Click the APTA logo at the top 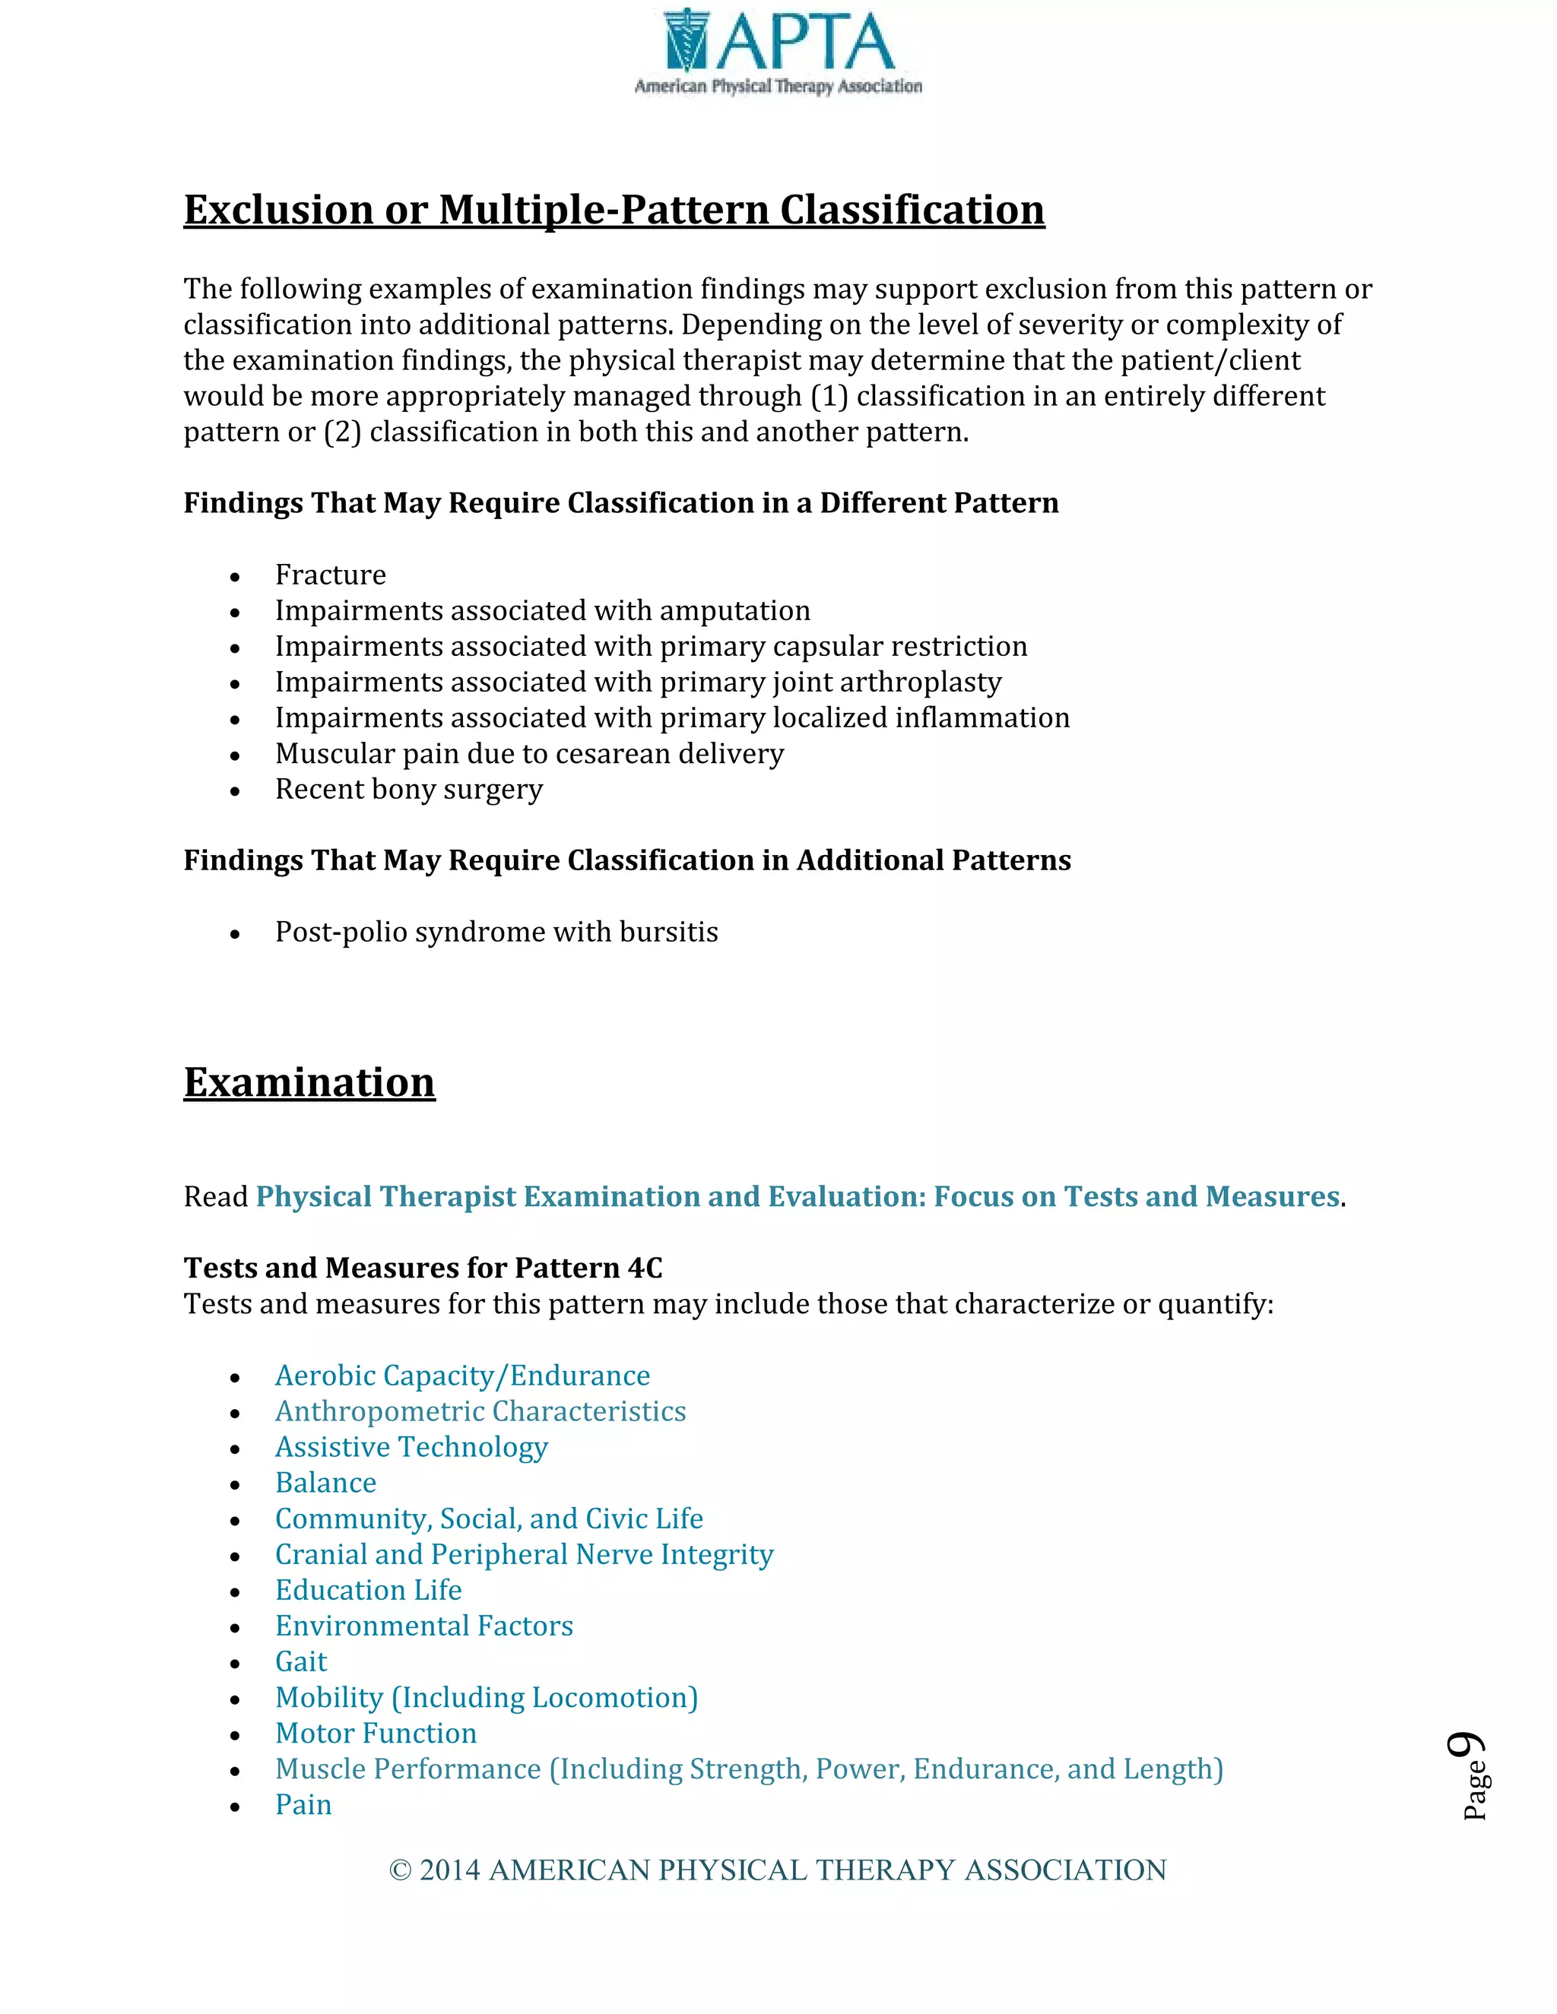778,52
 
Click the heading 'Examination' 309,1082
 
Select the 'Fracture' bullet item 330,575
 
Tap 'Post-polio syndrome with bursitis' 496,933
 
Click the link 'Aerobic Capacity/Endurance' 462,1376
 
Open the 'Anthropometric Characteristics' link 480,1412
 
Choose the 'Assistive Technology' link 411,1448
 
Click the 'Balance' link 325,1483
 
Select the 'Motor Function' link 376,1734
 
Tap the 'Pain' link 303,1805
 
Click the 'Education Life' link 368,1591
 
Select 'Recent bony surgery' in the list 408,790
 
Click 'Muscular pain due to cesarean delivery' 529,755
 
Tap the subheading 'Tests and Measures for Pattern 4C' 423,1268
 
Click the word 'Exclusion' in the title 277,211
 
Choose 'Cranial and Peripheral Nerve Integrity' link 524,1555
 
